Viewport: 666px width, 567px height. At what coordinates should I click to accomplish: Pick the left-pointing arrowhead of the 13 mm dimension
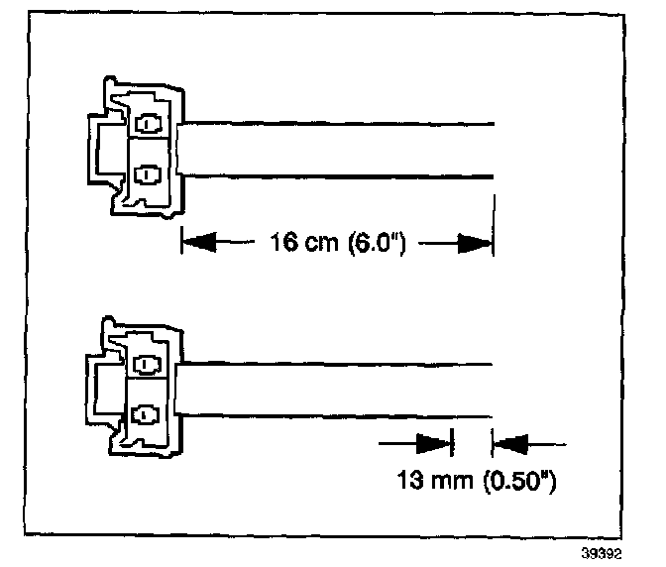pyautogui.click(x=511, y=440)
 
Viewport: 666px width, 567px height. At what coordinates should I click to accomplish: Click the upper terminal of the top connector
pyautogui.click(x=148, y=126)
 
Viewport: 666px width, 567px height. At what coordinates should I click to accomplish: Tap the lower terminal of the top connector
pyautogui.click(x=148, y=174)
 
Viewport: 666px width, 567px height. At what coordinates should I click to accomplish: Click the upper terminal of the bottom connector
pyautogui.click(x=148, y=366)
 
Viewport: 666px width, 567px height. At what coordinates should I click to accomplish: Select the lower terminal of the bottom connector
pyautogui.click(x=148, y=413)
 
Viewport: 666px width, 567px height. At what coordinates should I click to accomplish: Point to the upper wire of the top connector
pyautogui.click(x=337, y=124)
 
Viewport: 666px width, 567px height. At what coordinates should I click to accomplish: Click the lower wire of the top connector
pyautogui.click(x=337, y=176)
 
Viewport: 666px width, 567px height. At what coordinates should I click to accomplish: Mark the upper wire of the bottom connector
pyautogui.click(x=337, y=364)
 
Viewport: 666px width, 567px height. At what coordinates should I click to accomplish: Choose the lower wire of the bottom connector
pyautogui.click(x=337, y=415)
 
